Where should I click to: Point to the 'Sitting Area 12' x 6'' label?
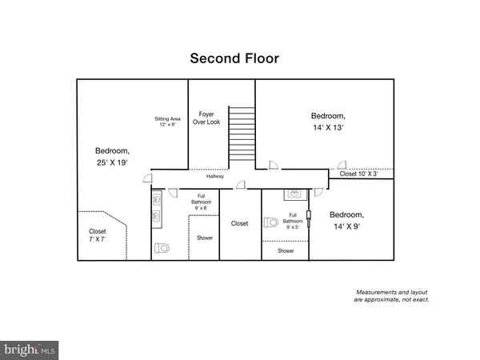coord(168,122)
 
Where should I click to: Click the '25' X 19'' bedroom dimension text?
coord(111,163)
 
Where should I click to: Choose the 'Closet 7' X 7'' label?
coord(97,236)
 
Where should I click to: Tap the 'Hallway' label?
coord(214,176)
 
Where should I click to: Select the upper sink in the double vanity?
coord(157,199)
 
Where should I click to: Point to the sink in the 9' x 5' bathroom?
coord(294,194)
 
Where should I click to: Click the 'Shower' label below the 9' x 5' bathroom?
coord(286,250)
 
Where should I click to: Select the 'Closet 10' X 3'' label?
coord(358,174)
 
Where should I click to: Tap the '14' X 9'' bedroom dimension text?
coord(346,227)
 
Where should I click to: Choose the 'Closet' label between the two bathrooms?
coord(239,224)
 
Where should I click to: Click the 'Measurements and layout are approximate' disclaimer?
coord(393,295)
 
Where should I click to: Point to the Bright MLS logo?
coord(30,350)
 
